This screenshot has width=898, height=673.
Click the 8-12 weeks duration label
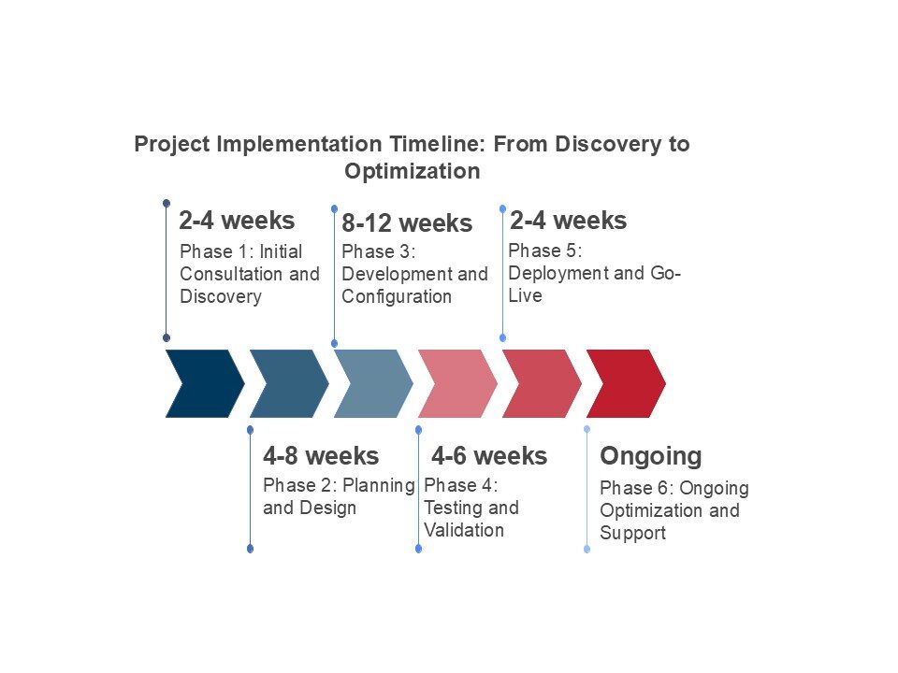point(407,223)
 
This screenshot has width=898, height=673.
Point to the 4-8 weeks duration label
point(321,456)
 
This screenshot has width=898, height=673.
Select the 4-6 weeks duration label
point(489,456)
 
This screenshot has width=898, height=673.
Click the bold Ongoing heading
point(651,457)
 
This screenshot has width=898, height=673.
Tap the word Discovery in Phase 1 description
point(221,296)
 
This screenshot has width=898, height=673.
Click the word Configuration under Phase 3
point(397,297)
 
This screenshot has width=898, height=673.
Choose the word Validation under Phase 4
point(464,530)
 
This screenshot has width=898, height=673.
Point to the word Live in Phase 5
point(525,295)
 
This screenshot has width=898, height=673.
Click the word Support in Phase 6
point(633,533)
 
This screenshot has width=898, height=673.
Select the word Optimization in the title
point(413,171)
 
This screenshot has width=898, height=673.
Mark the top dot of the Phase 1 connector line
point(167,203)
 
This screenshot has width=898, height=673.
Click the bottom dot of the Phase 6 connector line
point(587,550)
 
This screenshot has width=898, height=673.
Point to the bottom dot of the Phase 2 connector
point(251,549)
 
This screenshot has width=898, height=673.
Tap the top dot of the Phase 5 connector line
point(503,208)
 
